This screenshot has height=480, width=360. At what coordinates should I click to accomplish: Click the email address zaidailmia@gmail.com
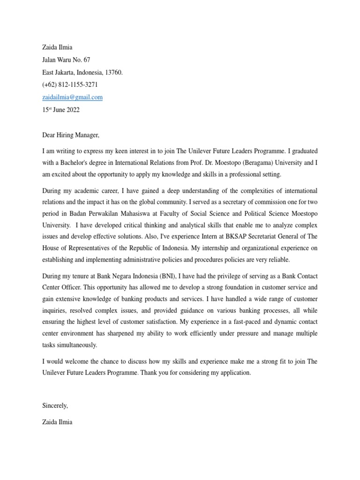[72, 97]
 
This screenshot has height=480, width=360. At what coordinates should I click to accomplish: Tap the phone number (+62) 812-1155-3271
[70, 85]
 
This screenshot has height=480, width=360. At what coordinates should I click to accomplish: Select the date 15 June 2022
[61, 110]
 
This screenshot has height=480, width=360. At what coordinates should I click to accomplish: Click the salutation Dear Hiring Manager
[71, 135]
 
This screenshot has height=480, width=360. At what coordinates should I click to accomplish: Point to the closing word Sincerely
[55, 405]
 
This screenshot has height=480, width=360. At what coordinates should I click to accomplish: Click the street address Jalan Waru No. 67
[66, 60]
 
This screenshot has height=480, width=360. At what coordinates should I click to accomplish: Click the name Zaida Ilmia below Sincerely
[57, 422]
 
